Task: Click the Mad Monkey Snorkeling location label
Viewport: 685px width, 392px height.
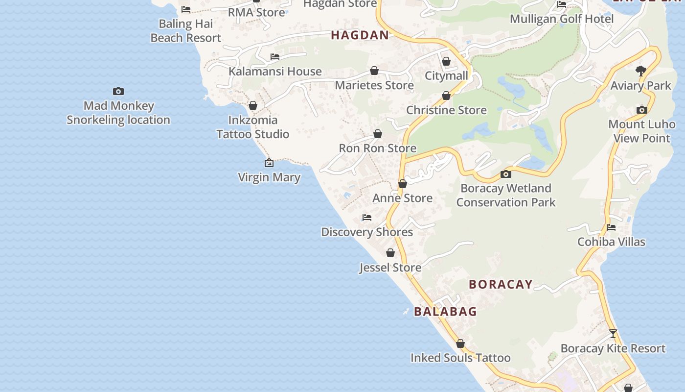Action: [x=118, y=113]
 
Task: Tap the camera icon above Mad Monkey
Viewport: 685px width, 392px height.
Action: [x=118, y=91]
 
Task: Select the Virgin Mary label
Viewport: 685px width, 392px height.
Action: [x=269, y=177]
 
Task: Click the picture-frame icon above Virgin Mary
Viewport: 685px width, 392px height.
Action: [x=269, y=163]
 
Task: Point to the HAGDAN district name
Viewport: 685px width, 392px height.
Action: [x=360, y=35]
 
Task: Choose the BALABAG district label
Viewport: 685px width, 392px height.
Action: [x=445, y=311]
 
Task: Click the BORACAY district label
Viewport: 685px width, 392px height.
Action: [x=501, y=284]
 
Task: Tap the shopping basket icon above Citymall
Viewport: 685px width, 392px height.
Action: [x=446, y=62]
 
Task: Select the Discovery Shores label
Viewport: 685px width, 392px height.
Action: [x=367, y=232]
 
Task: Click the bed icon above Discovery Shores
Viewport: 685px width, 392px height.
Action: [x=367, y=218]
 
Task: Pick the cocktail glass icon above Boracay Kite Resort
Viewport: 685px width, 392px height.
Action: [x=613, y=334]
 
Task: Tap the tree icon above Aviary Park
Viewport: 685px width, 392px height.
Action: [x=641, y=71]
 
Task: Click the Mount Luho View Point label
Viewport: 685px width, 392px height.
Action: [x=641, y=131]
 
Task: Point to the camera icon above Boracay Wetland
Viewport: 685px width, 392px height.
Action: [x=506, y=174]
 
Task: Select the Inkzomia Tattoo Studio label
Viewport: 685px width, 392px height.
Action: [x=253, y=127]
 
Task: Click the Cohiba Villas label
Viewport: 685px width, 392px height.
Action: [x=611, y=242]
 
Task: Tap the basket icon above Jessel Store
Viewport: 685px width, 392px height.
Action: [x=390, y=253]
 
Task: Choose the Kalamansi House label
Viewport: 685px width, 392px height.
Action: [x=275, y=71]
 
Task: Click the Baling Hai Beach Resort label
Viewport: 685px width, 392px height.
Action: [x=186, y=30]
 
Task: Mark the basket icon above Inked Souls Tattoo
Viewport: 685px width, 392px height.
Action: [x=460, y=343]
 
